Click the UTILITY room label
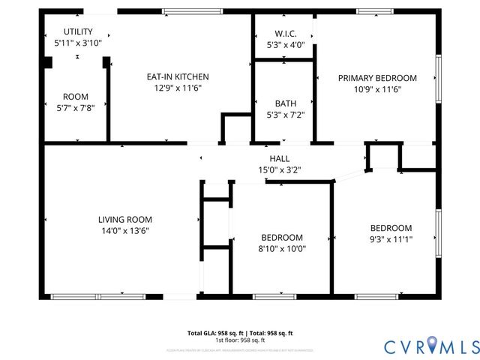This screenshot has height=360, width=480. (x=78, y=31)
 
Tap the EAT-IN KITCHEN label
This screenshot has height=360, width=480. (x=177, y=76)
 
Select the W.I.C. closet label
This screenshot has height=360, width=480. (x=286, y=34)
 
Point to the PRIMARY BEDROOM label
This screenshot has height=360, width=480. (x=377, y=78)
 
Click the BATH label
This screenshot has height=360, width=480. (x=286, y=103)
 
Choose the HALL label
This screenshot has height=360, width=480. (x=280, y=158)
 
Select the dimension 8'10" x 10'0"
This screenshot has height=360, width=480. (x=282, y=248)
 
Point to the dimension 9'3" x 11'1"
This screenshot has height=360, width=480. (x=391, y=239)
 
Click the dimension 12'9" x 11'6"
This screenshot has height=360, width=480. (x=177, y=88)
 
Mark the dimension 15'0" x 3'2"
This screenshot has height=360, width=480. (x=280, y=169)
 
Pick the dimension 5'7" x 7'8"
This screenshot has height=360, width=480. (x=75, y=107)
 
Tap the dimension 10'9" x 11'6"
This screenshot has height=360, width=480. (x=377, y=89)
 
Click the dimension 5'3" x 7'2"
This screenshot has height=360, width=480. (x=286, y=115)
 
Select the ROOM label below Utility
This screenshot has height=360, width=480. (x=75, y=97)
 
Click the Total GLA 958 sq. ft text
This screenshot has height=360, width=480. (x=240, y=332)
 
